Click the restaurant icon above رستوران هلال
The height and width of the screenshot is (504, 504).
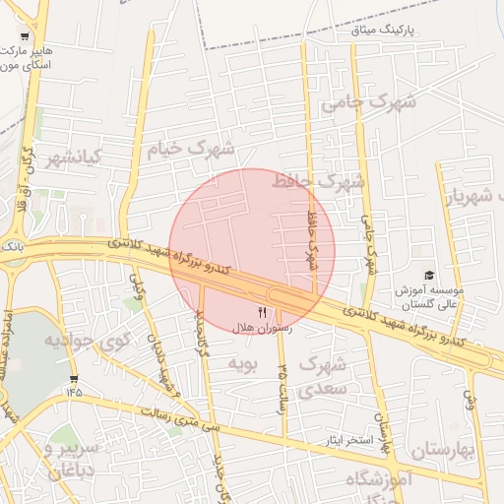pos(262,312)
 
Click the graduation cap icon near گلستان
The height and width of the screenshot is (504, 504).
pos(428,275)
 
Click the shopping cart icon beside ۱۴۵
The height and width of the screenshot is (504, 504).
pos(74,379)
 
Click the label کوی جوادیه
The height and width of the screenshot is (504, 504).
pos(87,342)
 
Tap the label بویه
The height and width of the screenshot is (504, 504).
pos(241,364)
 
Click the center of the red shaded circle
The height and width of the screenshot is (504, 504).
pos(252,252)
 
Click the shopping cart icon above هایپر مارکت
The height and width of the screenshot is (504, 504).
pos(25,33)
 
